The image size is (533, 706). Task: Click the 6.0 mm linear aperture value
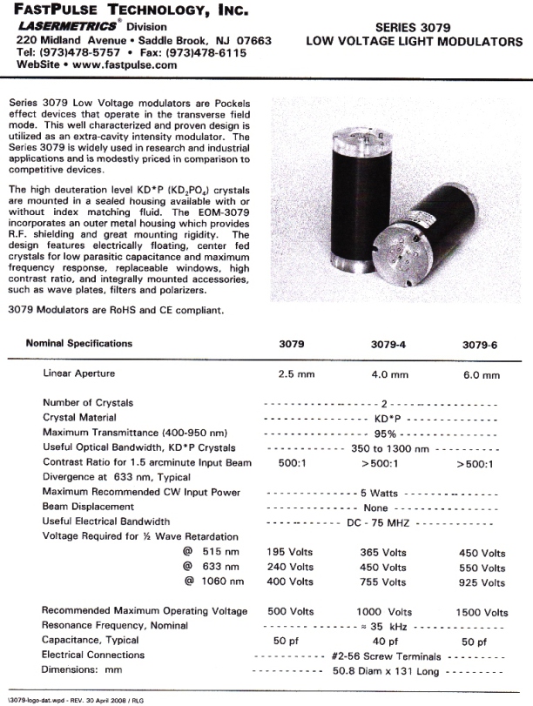(x=478, y=375)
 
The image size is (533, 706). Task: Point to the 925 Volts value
(x=482, y=582)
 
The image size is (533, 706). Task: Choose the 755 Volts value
(x=383, y=582)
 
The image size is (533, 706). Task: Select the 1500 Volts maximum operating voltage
(x=482, y=612)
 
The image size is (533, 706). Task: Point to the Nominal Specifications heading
(x=79, y=343)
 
